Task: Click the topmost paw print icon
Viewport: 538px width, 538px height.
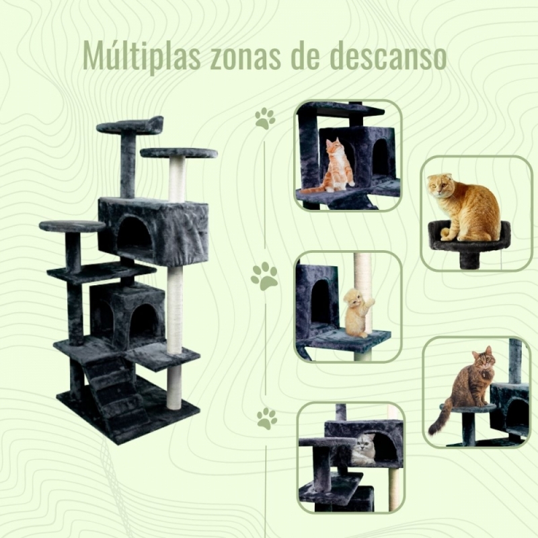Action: click(x=265, y=118)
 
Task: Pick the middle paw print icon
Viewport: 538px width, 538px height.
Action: click(x=264, y=276)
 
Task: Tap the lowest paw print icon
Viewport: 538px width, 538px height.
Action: click(x=267, y=418)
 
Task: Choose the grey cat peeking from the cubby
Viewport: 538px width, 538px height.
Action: click(x=364, y=449)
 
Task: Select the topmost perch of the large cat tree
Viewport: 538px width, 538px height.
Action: click(x=130, y=126)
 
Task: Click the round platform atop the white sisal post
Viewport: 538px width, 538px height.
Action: click(x=179, y=153)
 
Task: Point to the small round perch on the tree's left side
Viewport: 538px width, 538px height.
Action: click(x=72, y=226)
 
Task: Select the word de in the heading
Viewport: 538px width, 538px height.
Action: click(x=305, y=57)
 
